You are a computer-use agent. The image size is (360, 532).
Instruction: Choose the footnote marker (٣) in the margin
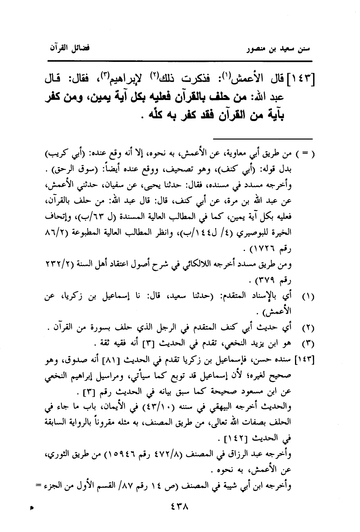pos(308,344)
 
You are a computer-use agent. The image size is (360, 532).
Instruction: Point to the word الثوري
pos(57,454)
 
